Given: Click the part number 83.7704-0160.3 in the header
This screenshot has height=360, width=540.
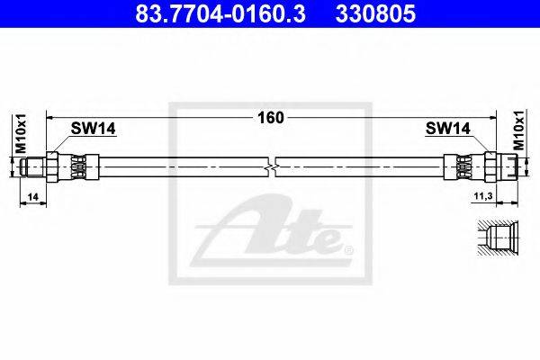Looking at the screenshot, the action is (x=220, y=13).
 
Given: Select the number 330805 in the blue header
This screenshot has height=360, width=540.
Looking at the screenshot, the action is (x=375, y=13).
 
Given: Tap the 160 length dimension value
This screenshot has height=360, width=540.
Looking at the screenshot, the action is (x=271, y=118).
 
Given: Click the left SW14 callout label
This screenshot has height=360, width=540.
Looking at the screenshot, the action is (x=93, y=129).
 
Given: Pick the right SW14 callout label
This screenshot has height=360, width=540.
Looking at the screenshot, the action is (x=447, y=129).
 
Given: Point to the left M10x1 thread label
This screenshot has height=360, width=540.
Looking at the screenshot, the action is (x=21, y=133).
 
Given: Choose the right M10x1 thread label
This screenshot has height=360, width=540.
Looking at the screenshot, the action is (x=519, y=130).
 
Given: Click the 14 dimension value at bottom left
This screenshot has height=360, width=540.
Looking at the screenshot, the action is (x=33, y=197).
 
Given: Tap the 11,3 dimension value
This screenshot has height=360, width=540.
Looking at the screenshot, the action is (x=483, y=196).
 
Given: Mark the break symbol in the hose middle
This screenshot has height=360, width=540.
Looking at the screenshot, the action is (x=272, y=167).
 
